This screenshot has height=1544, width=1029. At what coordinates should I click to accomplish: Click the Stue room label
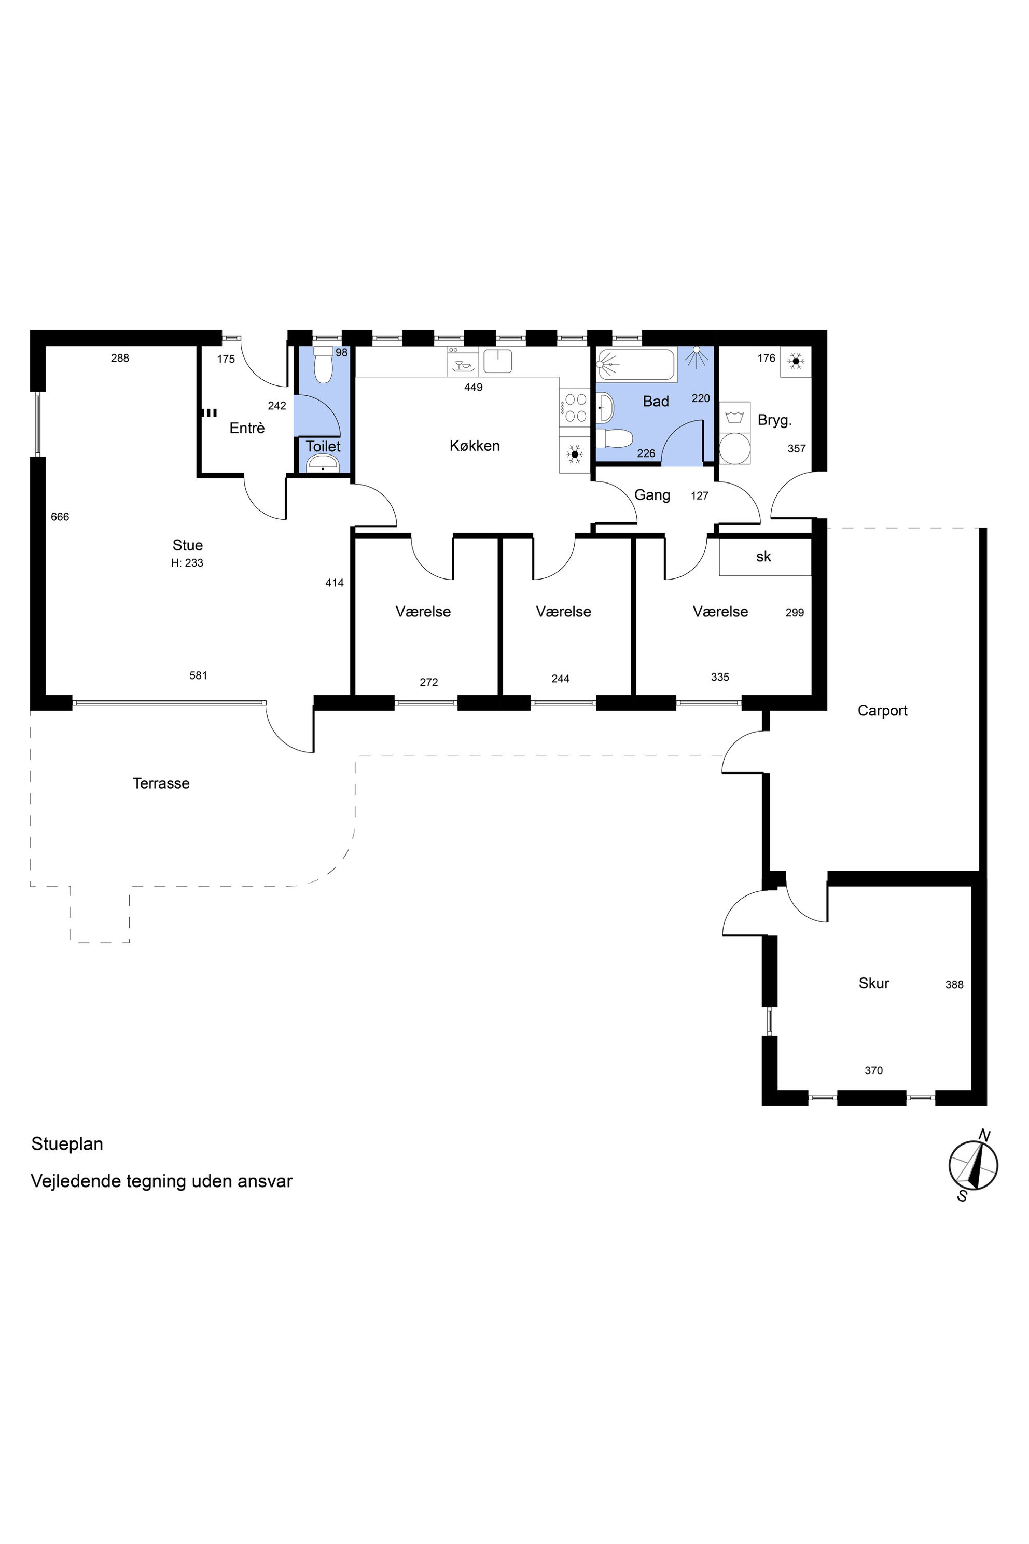tap(188, 545)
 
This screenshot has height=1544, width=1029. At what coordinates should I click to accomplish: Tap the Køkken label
tap(475, 446)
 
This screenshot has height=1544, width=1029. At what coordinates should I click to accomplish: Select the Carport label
tap(882, 710)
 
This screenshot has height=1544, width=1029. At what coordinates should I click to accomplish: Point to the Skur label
tap(873, 983)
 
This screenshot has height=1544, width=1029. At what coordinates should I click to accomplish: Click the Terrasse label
tap(161, 783)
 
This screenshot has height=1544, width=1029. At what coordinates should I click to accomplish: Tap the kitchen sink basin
tap(497, 361)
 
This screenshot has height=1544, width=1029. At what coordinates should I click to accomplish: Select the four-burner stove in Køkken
tap(575, 407)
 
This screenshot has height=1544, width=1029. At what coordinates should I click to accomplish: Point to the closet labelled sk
tap(765, 557)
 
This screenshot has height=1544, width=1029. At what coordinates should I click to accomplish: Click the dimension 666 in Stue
tap(60, 517)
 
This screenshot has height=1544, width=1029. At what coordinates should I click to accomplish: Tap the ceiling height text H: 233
tap(187, 562)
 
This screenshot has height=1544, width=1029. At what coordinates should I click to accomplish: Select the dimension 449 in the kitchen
tap(473, 388)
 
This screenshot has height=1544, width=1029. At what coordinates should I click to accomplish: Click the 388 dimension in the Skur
tap(954, 984)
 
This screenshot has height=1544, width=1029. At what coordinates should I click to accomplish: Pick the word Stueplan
tap(67, 1143)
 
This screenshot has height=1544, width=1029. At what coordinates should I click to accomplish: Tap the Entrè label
tap(247, 428)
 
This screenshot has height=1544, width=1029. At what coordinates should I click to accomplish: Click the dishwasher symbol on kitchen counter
tap(463, 361)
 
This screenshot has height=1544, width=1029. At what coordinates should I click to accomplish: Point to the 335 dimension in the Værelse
tap(720, 677)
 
